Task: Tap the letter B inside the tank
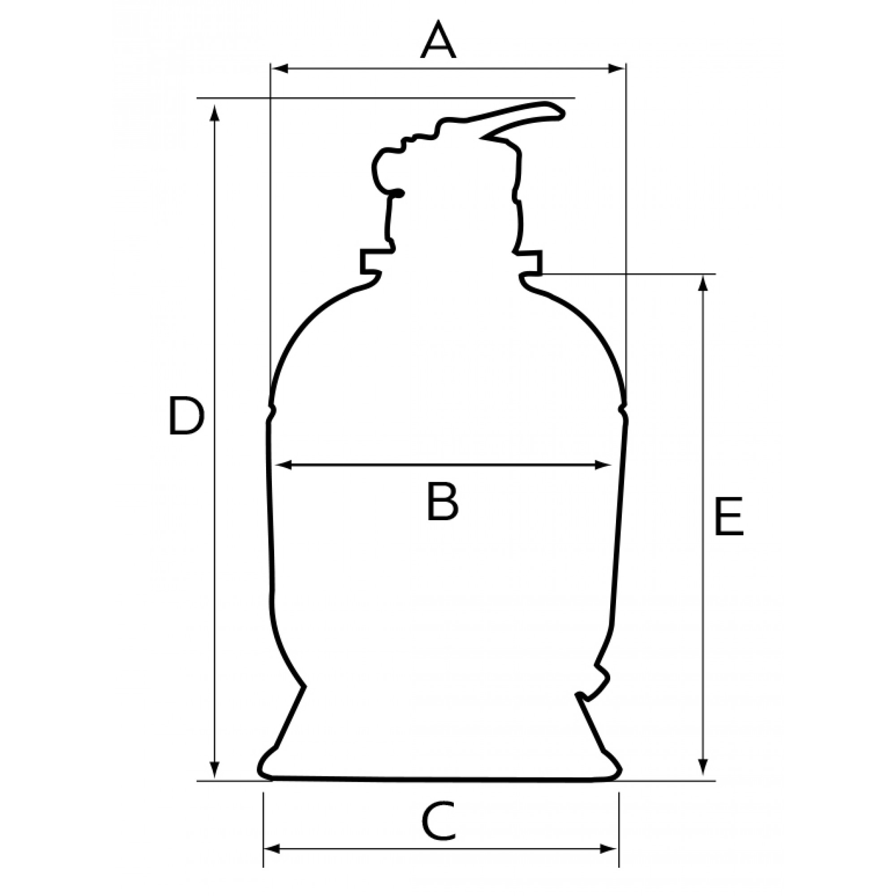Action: pyautogui.click(x=442, y=501)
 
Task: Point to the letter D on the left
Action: pyautogui.click(x=186, y=416)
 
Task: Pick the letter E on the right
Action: pyautogui.click(x=728, y=517)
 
